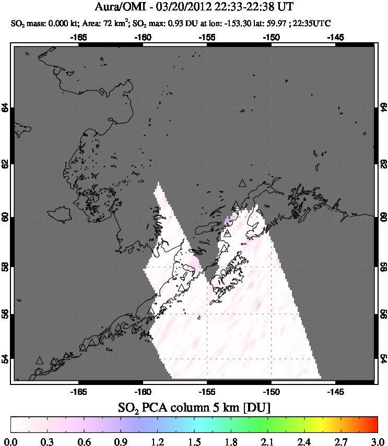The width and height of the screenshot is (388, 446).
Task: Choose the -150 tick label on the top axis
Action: click(x=271, y=38)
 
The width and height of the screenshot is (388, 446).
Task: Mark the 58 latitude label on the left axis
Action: click(x=5, y=266)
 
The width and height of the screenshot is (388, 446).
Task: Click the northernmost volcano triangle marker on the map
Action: click(x=242, y=183)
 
